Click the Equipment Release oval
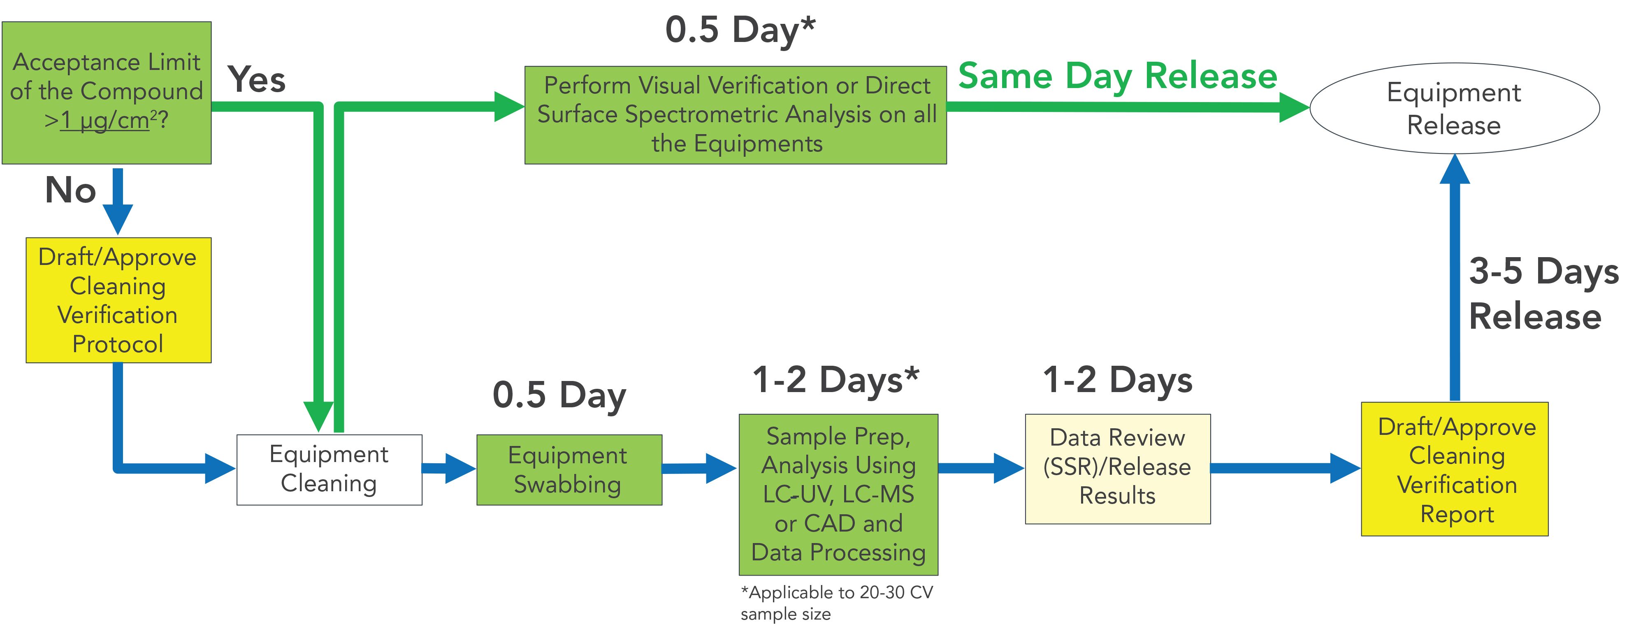click(1454, 108)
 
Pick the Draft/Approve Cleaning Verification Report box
click(1454, 469)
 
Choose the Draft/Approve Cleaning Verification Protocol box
click(118, 300)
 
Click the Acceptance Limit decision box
click(107, 93)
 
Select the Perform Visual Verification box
click(736, 115)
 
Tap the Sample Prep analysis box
click(838, 494)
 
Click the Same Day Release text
click(1117, 76)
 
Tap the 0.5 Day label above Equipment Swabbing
click(559, 395)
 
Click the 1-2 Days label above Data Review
click(1117, 380)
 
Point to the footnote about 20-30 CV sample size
click(836, 602)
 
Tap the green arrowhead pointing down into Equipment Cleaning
click(318, 416)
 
